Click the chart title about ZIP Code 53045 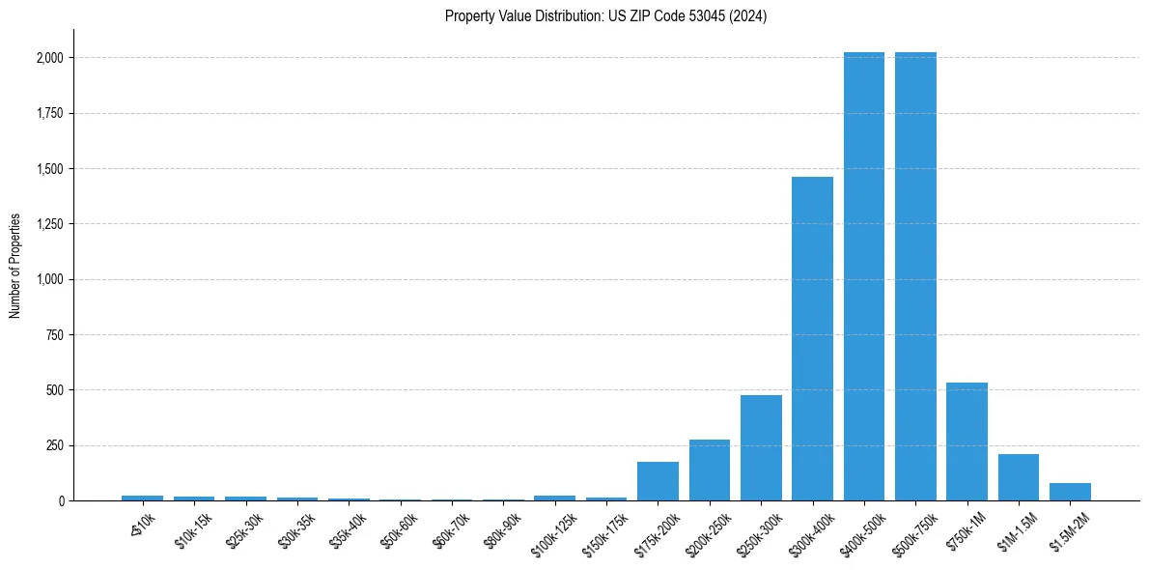click(605, 16)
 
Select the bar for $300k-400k click(812, 338)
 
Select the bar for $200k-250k click(710, 470)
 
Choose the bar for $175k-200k click(658, 481)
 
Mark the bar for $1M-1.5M click(1019, 477)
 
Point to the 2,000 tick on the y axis click(49, 58)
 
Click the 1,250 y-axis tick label click(49, 224)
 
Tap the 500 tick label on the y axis click(55, 390)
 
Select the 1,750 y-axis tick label click(49, 113)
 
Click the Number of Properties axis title click(15, 265)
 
